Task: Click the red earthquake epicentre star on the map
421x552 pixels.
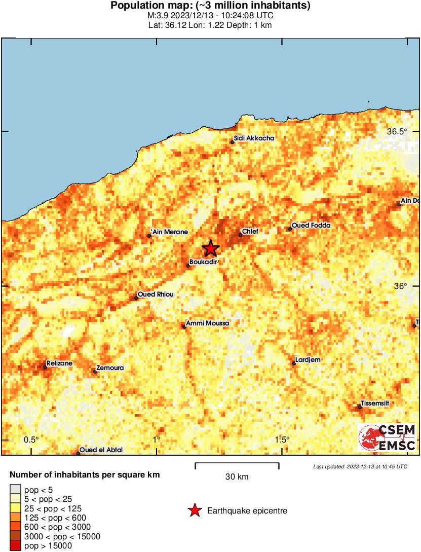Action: pyautogui.click(x=210, y=248)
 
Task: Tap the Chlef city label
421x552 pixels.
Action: pyautogui.click(x=250, y=232)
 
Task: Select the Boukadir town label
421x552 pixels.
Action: pyautogui.click(x=203, y=262)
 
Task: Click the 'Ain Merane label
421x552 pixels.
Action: pyautogui.click(x=169, y=232)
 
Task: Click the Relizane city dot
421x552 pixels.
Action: pyautogui.click(x=45, y=367)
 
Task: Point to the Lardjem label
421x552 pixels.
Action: pyautogui.click(x=308, y=360)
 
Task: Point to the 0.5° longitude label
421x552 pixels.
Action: pyautogui.click(x=31, y=439)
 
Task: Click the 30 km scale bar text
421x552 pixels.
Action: pyautogui.click(x=237, y=477)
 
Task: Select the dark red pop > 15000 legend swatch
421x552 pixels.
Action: pyautogui.click(x=16, y=545)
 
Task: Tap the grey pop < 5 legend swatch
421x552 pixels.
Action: pyautogui.click(x=16, y=490)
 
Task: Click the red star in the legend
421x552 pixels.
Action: pyautogui.click(x=195, y=511)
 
